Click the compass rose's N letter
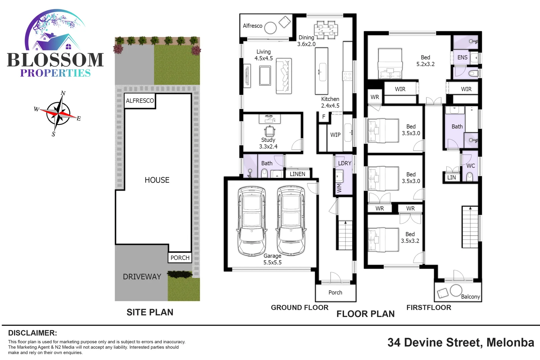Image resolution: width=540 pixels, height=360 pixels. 63,93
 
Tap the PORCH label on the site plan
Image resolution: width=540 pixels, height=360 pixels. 180,258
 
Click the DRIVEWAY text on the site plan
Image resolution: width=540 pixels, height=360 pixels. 142,277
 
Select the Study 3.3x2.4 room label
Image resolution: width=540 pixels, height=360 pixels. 268,143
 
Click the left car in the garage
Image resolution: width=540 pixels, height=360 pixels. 252,221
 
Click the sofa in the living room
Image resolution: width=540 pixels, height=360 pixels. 284,76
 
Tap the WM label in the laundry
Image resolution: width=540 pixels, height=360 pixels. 339,188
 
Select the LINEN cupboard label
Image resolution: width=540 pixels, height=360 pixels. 297,174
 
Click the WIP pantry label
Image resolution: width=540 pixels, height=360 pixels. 335,135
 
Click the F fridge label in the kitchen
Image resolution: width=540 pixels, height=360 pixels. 323,117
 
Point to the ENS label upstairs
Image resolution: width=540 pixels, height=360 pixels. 462,57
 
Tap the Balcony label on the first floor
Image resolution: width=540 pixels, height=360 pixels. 470,296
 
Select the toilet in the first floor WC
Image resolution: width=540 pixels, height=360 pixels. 470,176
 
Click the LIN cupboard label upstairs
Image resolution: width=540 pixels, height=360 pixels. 451,177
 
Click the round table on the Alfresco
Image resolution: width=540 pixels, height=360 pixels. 270,28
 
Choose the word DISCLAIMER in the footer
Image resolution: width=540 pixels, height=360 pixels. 32,333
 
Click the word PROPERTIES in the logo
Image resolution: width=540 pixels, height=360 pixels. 55,73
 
